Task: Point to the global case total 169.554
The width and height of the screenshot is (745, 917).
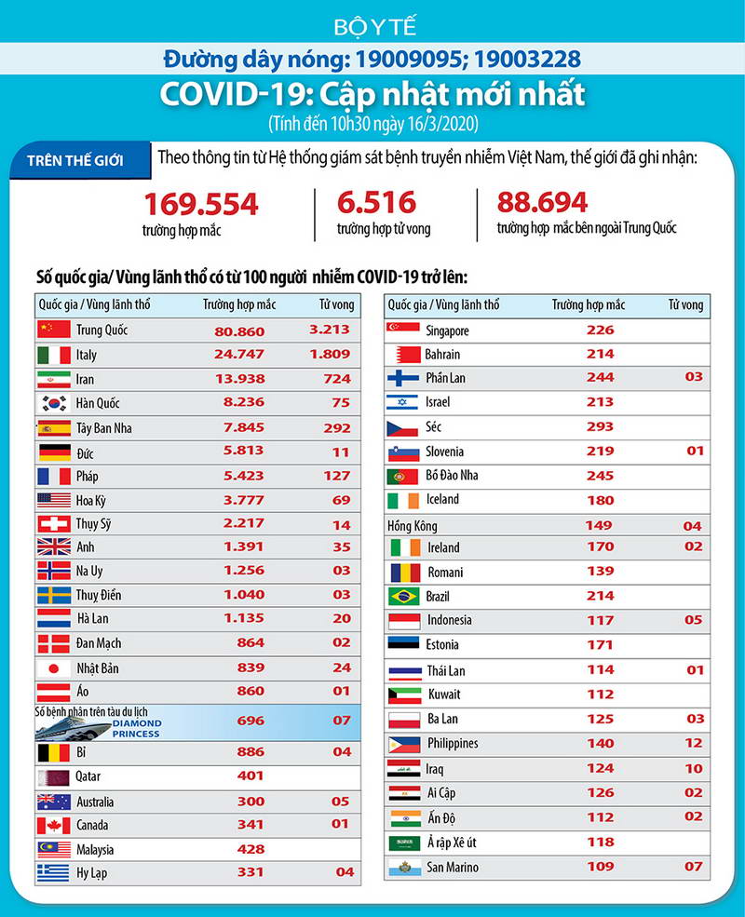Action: [200, 203]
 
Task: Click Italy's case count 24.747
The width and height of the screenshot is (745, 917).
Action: [234, 355]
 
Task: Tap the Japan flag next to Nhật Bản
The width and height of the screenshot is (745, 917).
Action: [53, 668]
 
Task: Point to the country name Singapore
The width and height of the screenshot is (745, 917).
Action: [447, 330]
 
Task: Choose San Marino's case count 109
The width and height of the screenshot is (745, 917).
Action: [600, 867]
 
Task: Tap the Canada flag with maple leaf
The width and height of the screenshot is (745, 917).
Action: [53, 825]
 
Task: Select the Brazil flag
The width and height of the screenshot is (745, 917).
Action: [403, 596]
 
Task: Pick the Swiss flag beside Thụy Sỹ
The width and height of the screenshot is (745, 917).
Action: [53, 523]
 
